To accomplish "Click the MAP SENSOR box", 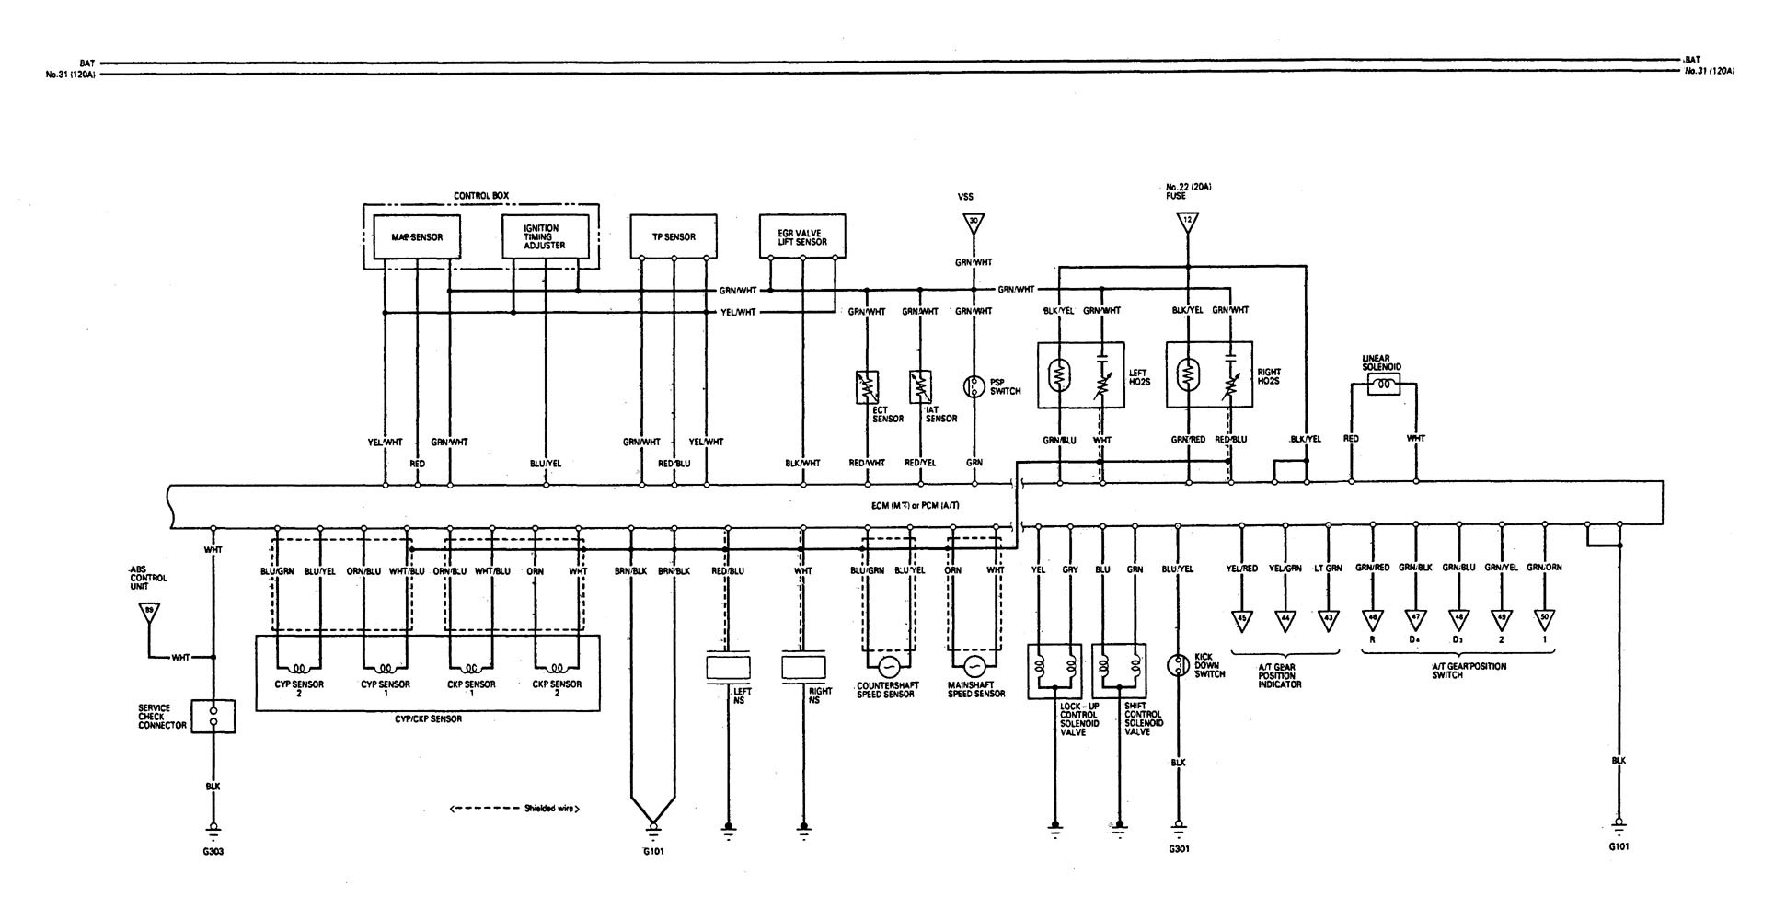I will tap(416, 237).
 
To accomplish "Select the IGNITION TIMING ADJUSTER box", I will tap(545, 237).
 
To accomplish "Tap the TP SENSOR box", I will tap(674, 236).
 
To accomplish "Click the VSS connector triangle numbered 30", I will tap(973, 222).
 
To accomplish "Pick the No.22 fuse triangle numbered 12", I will tap(1187, 222).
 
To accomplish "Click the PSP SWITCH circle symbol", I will tap(973, 386).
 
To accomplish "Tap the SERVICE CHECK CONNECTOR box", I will tap(213, 716).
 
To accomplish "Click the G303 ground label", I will tap(213, 851).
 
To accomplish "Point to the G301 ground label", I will tap(1179, 849).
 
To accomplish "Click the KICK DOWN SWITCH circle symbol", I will tap(1179, 665).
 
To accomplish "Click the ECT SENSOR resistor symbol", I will tap(867, 385).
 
